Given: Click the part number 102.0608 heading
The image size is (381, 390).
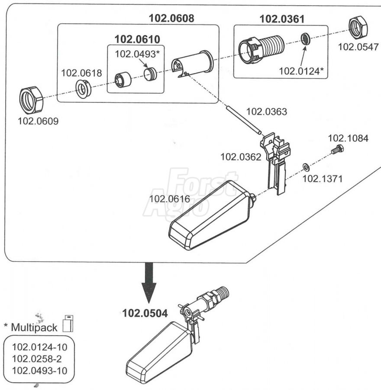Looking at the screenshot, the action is click(x=171, y=18).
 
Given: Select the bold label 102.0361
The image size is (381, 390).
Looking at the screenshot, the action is click(x=282, y=19).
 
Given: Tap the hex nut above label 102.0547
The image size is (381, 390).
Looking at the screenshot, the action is click(x=358, y=28).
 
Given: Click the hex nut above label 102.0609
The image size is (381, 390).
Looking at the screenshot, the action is click(x=31, y=100).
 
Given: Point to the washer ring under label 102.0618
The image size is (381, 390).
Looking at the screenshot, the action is click(x=83, y=88).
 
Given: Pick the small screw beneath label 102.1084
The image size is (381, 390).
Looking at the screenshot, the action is click(x=338, y=149).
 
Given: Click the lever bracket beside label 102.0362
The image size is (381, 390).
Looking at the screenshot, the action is click(x=275, y=162).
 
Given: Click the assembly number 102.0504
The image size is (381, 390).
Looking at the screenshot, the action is click(x=145, y=313).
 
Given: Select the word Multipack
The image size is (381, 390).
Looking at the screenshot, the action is click(x=34, y=328).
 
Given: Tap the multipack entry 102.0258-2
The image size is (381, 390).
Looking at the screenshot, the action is click(x=37, y=359).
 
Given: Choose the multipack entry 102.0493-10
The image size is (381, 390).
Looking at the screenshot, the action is click(x=40, y=371).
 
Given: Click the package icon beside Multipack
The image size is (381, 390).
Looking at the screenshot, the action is click(x=68, y=323).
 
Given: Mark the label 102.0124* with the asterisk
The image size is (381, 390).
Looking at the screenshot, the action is click(x=301, y=71).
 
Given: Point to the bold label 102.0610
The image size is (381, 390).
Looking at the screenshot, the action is click(x=137, y=39).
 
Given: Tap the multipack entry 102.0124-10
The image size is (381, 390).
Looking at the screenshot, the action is click(x=40, y=347).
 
